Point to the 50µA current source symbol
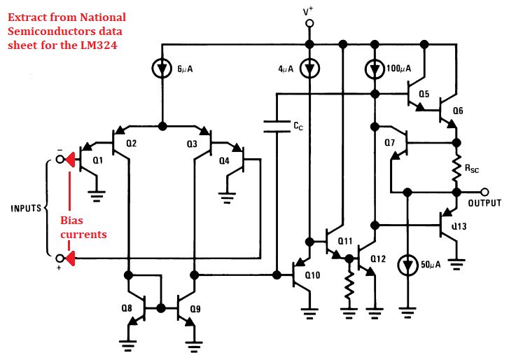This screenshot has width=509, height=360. coord(406,266)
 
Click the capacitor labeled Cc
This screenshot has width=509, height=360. coord(277,126)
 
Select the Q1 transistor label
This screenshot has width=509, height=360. coord(97,160)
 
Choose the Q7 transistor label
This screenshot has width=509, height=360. coord(390,144)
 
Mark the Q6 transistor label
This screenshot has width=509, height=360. coord(457,110)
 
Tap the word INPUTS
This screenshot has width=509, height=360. coord(25,209)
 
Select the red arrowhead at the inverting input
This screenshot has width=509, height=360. coord(69,160)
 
